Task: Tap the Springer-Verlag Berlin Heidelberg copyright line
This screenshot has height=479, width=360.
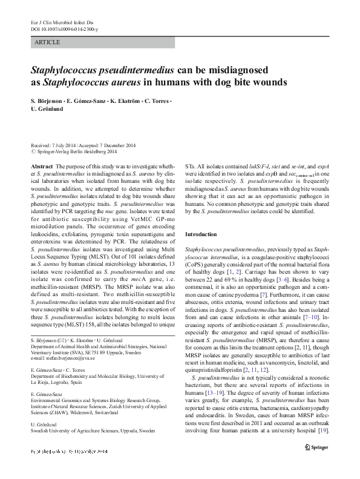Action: point(75,152)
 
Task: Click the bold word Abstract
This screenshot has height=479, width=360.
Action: point(41,165)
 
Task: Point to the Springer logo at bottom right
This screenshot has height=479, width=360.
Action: point(316,466)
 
